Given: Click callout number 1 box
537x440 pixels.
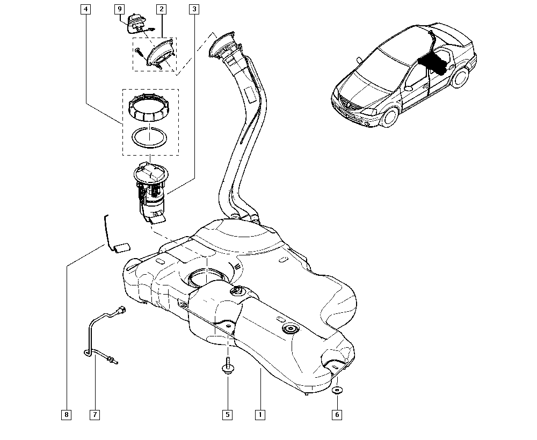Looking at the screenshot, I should coord(260,415).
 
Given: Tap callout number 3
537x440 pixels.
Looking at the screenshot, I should coord(194,9).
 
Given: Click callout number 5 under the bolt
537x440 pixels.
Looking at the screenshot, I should coord(227,415).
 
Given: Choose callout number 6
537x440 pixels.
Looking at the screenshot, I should coord(337,415).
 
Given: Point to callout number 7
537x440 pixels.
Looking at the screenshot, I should coord(95,415).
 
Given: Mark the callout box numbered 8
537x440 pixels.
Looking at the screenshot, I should coord(66,415).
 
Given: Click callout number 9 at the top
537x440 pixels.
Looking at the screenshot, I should coord(119,9).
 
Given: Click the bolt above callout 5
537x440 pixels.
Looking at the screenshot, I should coord(227,365).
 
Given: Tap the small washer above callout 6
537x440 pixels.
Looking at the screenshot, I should coord(337,390).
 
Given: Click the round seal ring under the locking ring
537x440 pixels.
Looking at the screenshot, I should coord(150,137).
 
